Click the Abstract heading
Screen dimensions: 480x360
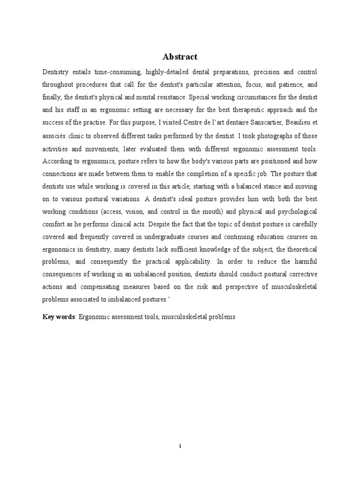(x=180, y=57)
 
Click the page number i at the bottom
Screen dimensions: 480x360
(x=180, y=447)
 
